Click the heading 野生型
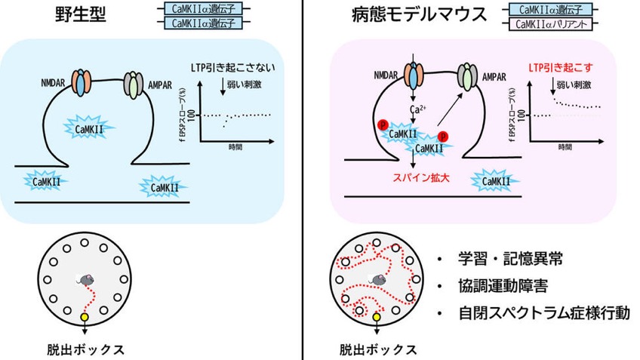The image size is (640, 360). point(81,14)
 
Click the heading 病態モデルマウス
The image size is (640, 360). point(419,14)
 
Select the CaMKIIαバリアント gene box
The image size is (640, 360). point(551,24)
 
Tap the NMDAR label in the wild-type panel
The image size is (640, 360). point(53,83)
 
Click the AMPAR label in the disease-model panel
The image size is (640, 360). point(494,77)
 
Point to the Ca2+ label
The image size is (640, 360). point(417,109)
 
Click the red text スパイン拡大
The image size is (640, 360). point(421,178)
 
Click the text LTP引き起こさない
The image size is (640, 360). point(232,68)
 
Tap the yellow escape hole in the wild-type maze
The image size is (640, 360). point(85,316)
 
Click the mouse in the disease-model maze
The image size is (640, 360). point(377,279)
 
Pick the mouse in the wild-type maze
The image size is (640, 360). point(86,279)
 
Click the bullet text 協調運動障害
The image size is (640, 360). point(503,286)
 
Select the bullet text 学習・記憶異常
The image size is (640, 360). point(510,259)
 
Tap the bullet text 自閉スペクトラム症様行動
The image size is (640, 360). point(544,313)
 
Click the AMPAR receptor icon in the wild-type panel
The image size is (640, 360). point(134,85)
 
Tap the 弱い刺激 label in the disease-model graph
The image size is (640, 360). point(574,85)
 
